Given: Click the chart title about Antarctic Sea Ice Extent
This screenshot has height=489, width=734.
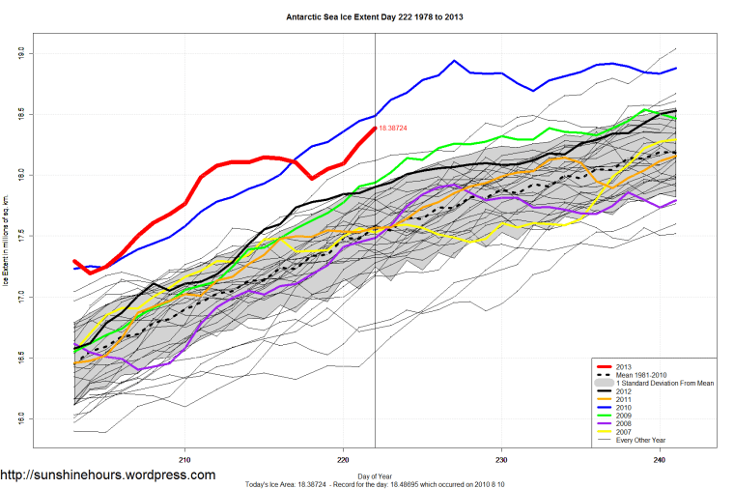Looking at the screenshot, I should (x=367, y=16).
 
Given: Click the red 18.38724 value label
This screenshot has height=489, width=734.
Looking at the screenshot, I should (x=393, y=128).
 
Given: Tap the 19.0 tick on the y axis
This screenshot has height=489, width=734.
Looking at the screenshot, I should (x=20, y=54).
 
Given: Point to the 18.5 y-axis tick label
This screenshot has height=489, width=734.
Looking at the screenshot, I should (x=20, y=115).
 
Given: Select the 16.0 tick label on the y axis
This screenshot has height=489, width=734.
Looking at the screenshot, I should (x=20, y=419).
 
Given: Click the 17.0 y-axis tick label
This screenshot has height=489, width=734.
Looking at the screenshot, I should (x=20, y=298).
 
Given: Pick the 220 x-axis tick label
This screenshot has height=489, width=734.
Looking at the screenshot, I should (x=344, y=459).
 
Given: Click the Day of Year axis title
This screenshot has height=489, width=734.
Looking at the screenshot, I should (x=373, y=475).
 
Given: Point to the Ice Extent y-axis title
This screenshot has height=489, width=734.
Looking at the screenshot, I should (x=7, y=237).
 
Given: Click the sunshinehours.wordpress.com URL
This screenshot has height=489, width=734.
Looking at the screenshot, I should (x=108, y=475).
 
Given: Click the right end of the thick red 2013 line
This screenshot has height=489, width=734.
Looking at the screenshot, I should (x=374, y=128).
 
